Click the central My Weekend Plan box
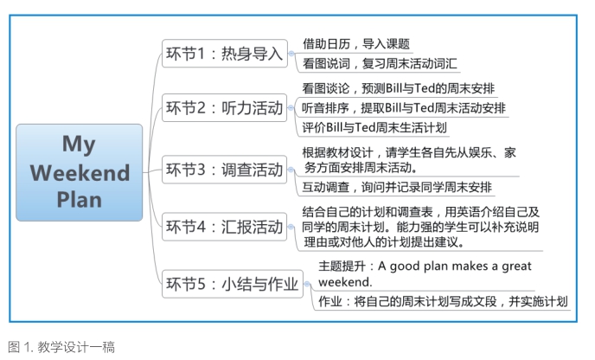click(x=80, y=172)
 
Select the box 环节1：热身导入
click(x=225, y=54)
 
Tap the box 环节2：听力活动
click(x=225, y=108)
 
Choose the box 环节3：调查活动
click(x=225, y=170)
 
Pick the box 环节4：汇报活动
click(x=225, y=227)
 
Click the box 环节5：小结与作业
click(x=233, y=284)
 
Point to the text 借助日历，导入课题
click(x=356, y=44)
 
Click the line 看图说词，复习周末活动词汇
click(x=380, y=63)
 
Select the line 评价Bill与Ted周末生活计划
click(x=374, y=127)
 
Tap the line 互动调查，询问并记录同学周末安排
click(x=397, y=187)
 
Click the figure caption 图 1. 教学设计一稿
click(x=61, y=347)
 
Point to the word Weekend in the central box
click(x=80, y=173)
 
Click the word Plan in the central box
click(x=80, y=200)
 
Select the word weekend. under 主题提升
click(x=345, y=282)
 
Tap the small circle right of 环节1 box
click(x=291, y=54)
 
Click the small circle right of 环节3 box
click(x=291, y=170)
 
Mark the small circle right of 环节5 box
click(x=307, y=284)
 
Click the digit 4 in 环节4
click(x=202, y=227)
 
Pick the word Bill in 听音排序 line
click(x=393, y=108)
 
